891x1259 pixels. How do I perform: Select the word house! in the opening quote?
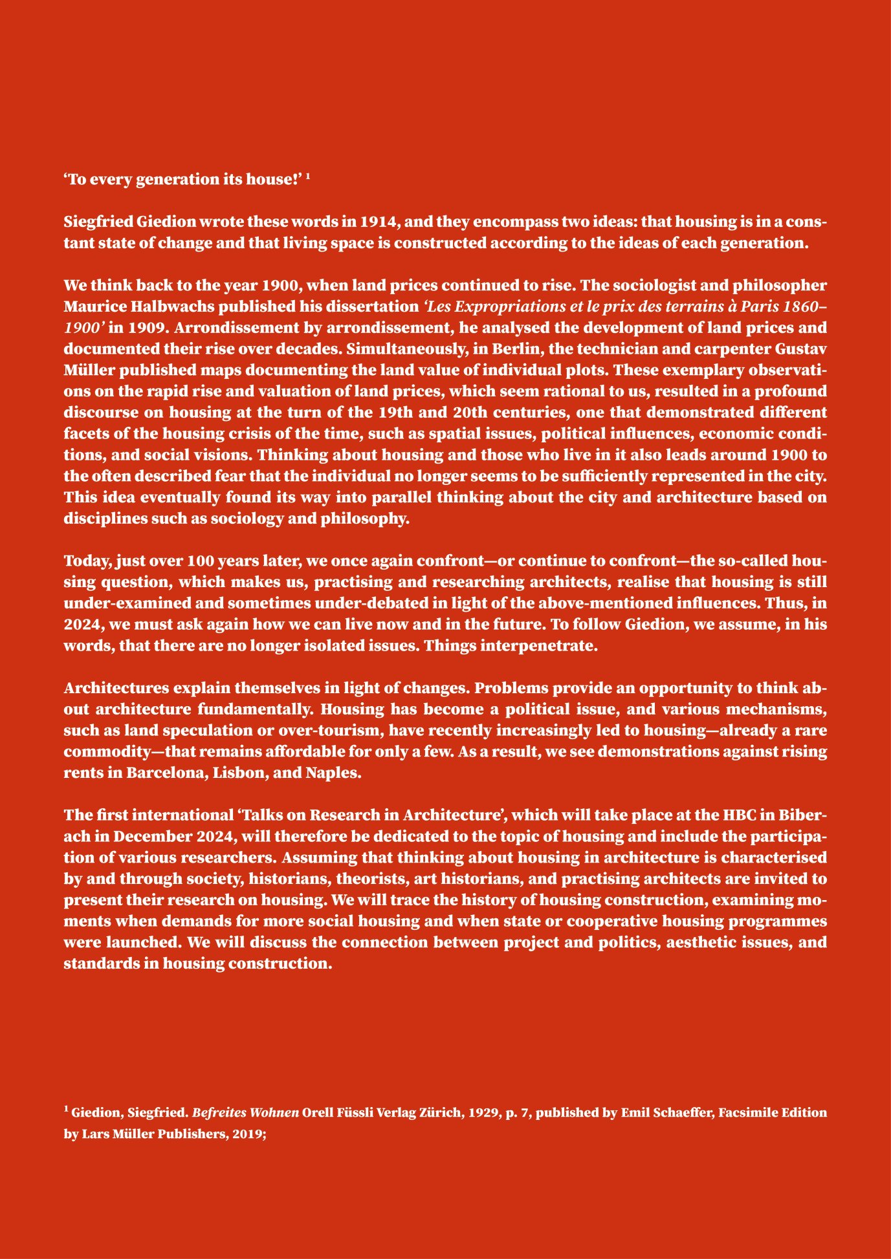coord(274,180)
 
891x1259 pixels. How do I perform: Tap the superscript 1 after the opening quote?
coord(309,177)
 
